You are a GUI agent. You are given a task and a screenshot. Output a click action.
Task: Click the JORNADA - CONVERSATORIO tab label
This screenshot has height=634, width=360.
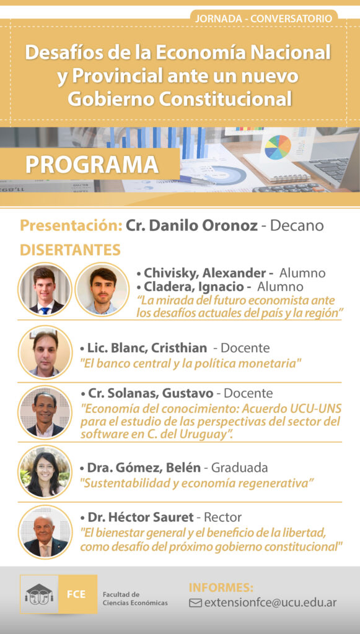click(263, 18)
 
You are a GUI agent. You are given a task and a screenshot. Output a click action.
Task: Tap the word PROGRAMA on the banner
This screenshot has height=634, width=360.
click(92, 164)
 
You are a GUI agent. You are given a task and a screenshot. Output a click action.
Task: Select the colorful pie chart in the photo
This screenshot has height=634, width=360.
click(278, 147)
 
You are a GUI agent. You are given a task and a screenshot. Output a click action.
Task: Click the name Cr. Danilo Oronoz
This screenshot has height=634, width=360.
click(191, 225)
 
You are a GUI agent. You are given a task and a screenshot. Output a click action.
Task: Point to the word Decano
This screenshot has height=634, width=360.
click(297, 225)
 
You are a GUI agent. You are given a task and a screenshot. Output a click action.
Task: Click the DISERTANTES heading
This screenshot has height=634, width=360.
click(71, 250)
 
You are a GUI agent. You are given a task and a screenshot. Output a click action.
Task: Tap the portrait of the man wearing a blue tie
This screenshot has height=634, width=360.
click(45, 290)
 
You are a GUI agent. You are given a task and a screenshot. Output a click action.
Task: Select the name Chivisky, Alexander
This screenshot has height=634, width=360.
click(205, 273)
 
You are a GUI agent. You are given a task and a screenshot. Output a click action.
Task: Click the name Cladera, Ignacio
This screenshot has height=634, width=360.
click(198, 287)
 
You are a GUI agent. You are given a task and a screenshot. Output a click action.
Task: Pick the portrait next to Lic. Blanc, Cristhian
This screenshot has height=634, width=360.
click(45, 352)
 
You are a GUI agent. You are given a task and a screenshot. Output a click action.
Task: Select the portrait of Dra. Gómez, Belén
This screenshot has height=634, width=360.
click(45, 472)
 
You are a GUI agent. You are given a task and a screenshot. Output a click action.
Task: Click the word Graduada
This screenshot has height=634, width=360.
click(239, 468)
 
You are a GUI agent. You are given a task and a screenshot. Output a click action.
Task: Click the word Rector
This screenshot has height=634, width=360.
click(222, 517)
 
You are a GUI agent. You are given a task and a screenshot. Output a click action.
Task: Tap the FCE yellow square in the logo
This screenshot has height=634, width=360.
click(77, 594)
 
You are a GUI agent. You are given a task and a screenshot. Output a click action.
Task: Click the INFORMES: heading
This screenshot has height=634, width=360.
click(221, 588)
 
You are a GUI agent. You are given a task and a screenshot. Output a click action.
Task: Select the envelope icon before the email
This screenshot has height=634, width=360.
click(195, 603)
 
